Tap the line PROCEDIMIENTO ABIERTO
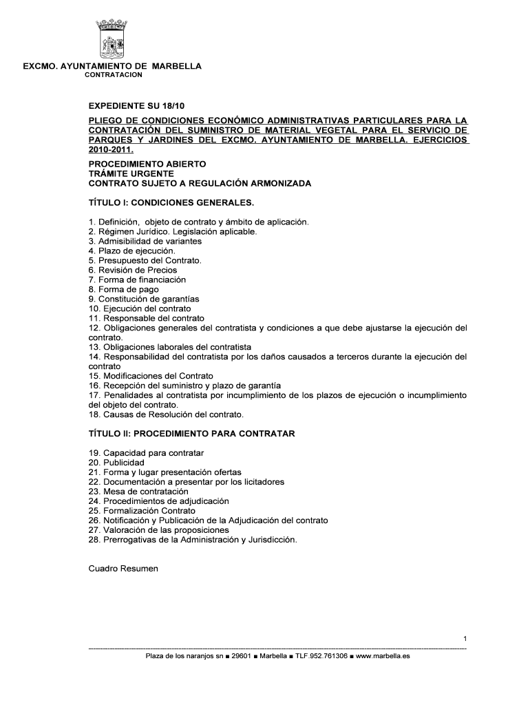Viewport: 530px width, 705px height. point(147,165)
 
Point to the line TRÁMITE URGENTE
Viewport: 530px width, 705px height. point(131,174)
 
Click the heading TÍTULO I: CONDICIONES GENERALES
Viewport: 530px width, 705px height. point(171,203)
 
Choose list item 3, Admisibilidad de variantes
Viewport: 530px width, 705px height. point(145,242)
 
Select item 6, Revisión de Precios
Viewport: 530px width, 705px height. point(133,271)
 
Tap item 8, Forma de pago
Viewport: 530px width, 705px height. point(123,290)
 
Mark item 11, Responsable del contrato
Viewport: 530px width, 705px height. point(147,319)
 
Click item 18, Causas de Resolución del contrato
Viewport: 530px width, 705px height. point(167,415)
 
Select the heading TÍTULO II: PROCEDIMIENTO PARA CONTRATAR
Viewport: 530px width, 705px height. point(192,434)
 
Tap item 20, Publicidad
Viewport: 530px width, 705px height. point(116,463)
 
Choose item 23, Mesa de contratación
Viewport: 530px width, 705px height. point(138,492)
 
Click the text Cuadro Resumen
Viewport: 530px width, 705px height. point(124,569)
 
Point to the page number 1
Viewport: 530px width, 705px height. point(465,640)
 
